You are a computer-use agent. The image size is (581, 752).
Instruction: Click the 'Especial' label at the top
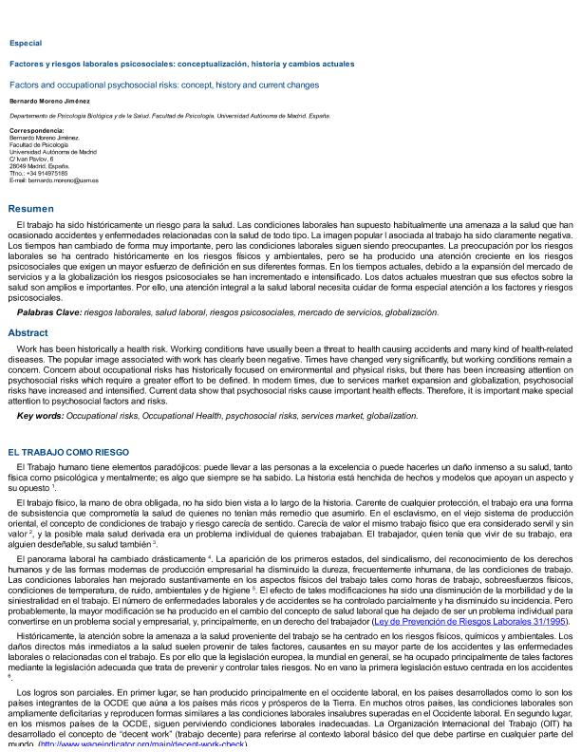[25, 43]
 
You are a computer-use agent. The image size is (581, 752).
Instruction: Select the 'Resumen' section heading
[30, 208]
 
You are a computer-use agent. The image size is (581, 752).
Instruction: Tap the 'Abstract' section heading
[28, 333]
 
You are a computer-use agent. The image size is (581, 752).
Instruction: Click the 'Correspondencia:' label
[36, 130]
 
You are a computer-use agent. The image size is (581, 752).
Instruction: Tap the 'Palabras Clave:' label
[48, 311]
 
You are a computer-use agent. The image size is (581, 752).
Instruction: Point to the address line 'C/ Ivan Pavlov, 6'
[31, 159]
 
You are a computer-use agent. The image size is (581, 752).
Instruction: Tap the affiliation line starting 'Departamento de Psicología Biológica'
[169, 115]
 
